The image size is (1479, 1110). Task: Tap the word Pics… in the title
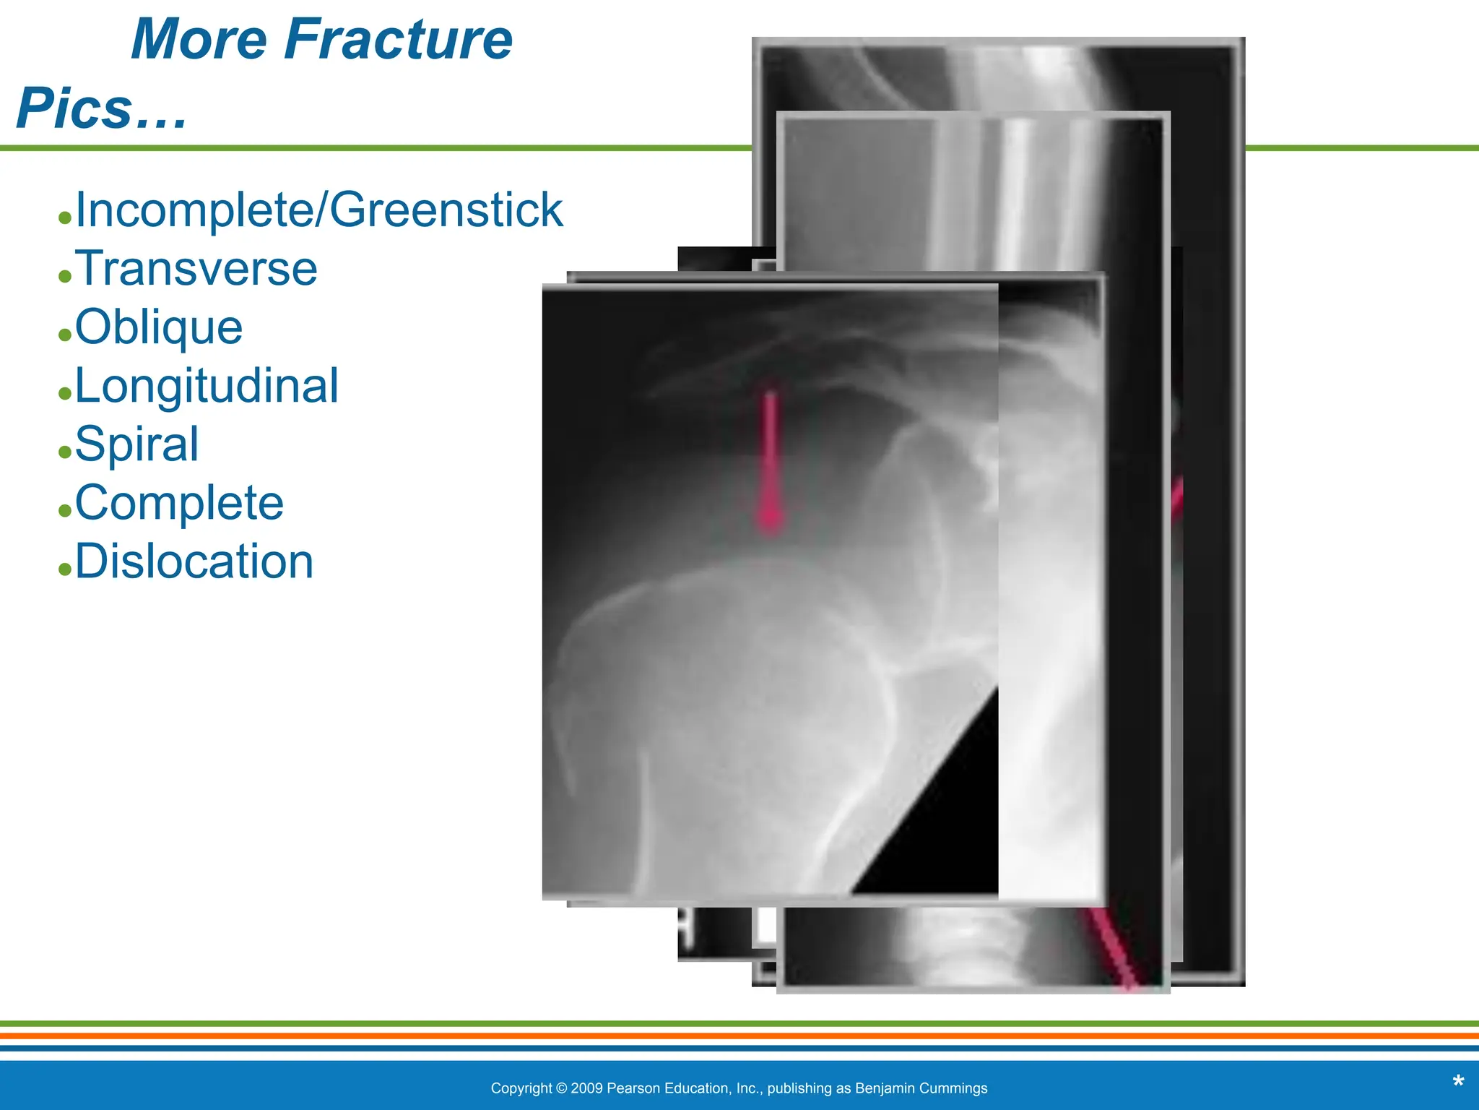pos(102,108)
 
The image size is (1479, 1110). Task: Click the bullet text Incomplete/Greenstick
pos(318,210)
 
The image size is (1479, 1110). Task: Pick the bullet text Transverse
pos(196,269)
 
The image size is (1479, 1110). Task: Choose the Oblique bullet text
pos(159,327)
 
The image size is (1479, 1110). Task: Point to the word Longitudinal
pos(207,386)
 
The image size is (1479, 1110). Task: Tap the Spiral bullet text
pos(136,444)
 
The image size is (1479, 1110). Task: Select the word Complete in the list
pos(179,503)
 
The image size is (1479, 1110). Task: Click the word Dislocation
pos(194,562)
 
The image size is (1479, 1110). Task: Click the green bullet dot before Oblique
pos(65,335)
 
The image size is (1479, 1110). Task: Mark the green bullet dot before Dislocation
pos(65,569)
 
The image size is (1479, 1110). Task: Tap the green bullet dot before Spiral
pos(65,452)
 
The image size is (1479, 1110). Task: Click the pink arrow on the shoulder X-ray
pos(771,462)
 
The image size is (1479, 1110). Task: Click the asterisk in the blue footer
pos(1458,1083)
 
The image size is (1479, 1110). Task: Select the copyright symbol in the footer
pos(561,1088)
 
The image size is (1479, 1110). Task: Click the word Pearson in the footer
pos(632,1088)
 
